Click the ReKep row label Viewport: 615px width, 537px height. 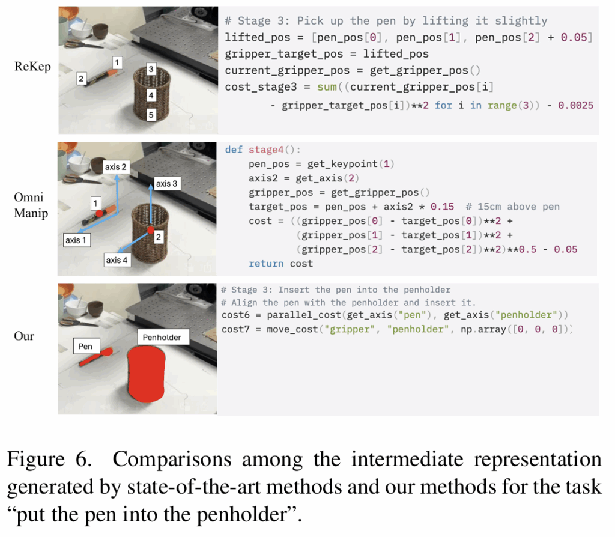point(32,67)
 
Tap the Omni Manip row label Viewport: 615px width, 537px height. point(31,205)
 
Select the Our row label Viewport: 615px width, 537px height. point(24,336)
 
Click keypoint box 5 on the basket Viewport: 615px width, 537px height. point(151,115)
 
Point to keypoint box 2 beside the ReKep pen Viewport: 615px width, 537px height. point(81,79)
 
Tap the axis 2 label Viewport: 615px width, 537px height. point(116,167)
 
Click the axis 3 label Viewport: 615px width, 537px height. point(166,184)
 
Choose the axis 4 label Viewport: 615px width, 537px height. point(117,260)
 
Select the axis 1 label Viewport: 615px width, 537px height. point(76,240)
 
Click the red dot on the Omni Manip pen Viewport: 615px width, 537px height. point(100,213)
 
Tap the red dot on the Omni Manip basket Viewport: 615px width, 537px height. point(151,230)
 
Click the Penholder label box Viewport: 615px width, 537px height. point(162,338)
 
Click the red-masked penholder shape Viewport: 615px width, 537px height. point(146,374)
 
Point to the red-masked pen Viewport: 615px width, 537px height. point(96,357)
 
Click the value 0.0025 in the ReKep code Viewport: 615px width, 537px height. point(575,105)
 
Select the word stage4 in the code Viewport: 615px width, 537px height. point(266,150)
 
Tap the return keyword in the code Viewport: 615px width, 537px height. point(266,264)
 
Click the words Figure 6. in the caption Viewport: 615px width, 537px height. point(49,458)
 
